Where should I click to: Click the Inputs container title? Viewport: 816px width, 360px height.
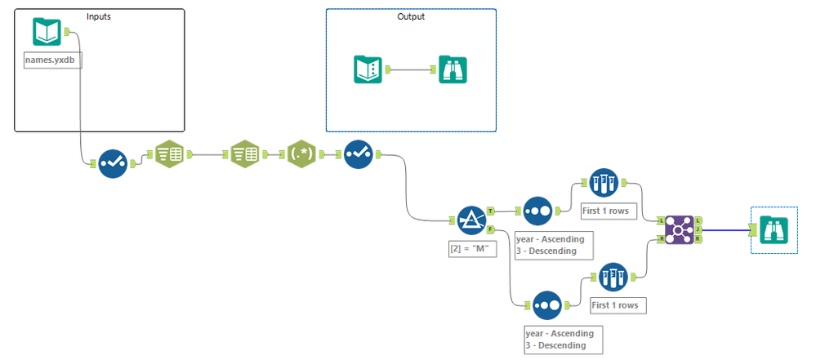click(99, 16)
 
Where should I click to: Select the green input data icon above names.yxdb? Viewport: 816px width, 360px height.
click(47, 33)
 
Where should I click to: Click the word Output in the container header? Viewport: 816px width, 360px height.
click(411, 16)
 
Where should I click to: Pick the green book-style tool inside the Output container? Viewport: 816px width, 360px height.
click(368, 69)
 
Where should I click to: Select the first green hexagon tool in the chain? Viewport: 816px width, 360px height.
click(169, 153)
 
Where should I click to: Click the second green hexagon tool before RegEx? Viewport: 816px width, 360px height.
click(244, 153)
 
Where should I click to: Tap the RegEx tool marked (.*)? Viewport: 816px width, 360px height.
click(301, 153)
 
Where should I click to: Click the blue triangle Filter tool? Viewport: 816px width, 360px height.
click(470, 220)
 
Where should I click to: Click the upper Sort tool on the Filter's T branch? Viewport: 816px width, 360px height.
click(537, 210)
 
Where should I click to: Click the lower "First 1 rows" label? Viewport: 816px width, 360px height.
click(618, 305)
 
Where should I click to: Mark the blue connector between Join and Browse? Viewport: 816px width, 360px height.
click(727, 230)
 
